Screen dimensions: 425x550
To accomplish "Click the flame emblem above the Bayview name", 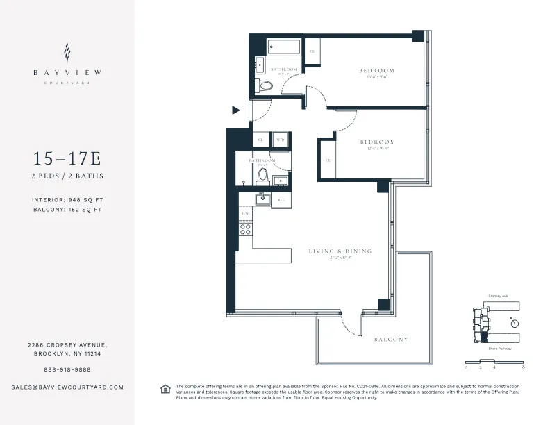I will coord(67,53).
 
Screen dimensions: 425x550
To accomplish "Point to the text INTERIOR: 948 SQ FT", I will coord(67,199).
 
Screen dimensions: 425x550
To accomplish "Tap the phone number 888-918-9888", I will coord(67,369).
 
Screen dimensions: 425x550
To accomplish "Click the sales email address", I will coord(67,387).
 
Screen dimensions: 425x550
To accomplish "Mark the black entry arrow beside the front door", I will coord(236,110).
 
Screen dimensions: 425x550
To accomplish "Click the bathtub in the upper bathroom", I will coord(284,48).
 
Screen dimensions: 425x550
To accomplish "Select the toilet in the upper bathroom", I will coord(265,85).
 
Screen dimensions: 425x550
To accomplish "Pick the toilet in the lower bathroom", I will coord(264,174).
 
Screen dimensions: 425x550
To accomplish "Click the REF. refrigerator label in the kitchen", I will coord(281,200).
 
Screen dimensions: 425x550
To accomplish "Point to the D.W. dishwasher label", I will coord(245,213).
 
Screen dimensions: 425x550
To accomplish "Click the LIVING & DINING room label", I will coord(340,251).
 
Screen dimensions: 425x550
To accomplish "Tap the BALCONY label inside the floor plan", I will coord(391,340).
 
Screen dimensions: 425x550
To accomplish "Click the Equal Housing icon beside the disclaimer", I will coord(165,388).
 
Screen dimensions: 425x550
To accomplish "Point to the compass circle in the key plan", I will coord(514,322).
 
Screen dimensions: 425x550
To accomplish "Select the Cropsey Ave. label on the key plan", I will coord(499,296).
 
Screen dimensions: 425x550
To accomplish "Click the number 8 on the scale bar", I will coord(532,367).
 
